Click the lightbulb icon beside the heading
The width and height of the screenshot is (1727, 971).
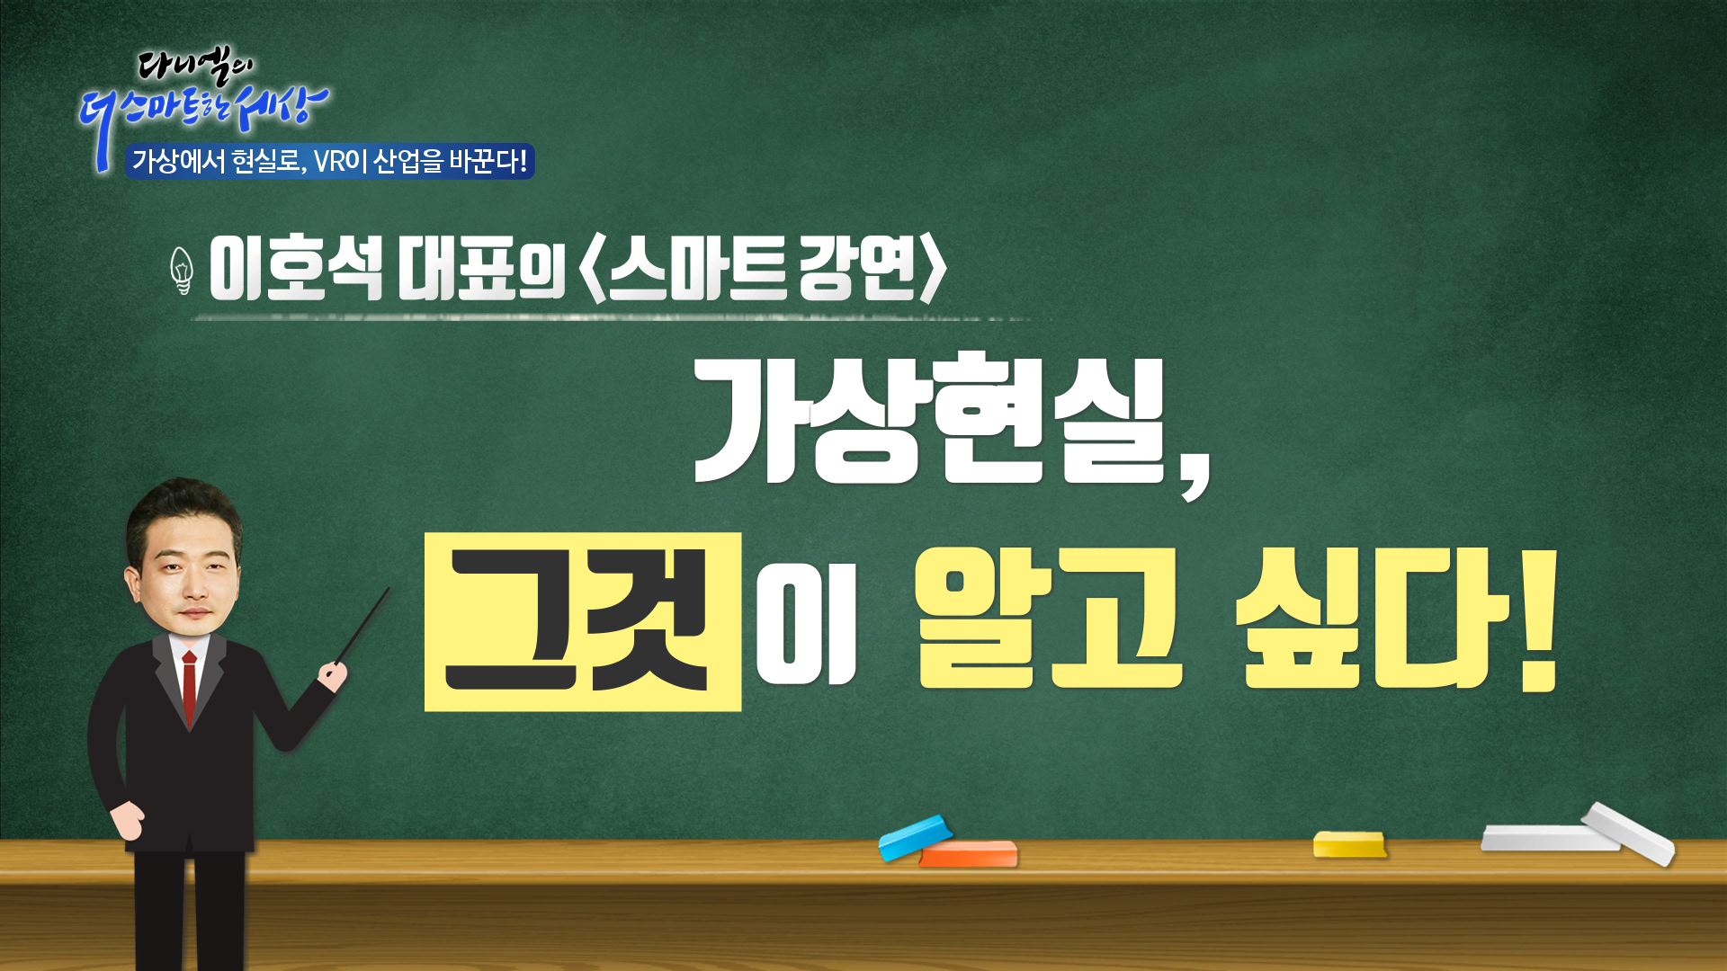pos(183,270)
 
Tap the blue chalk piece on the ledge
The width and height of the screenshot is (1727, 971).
pos(914,837)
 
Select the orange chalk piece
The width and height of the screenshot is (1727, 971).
pos(970,854)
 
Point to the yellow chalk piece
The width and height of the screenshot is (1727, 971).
pos(1349,845)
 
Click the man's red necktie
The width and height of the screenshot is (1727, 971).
pos(190,687)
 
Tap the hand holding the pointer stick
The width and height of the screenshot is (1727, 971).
pos(334,675)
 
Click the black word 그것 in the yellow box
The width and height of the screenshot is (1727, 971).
pos(579,622)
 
